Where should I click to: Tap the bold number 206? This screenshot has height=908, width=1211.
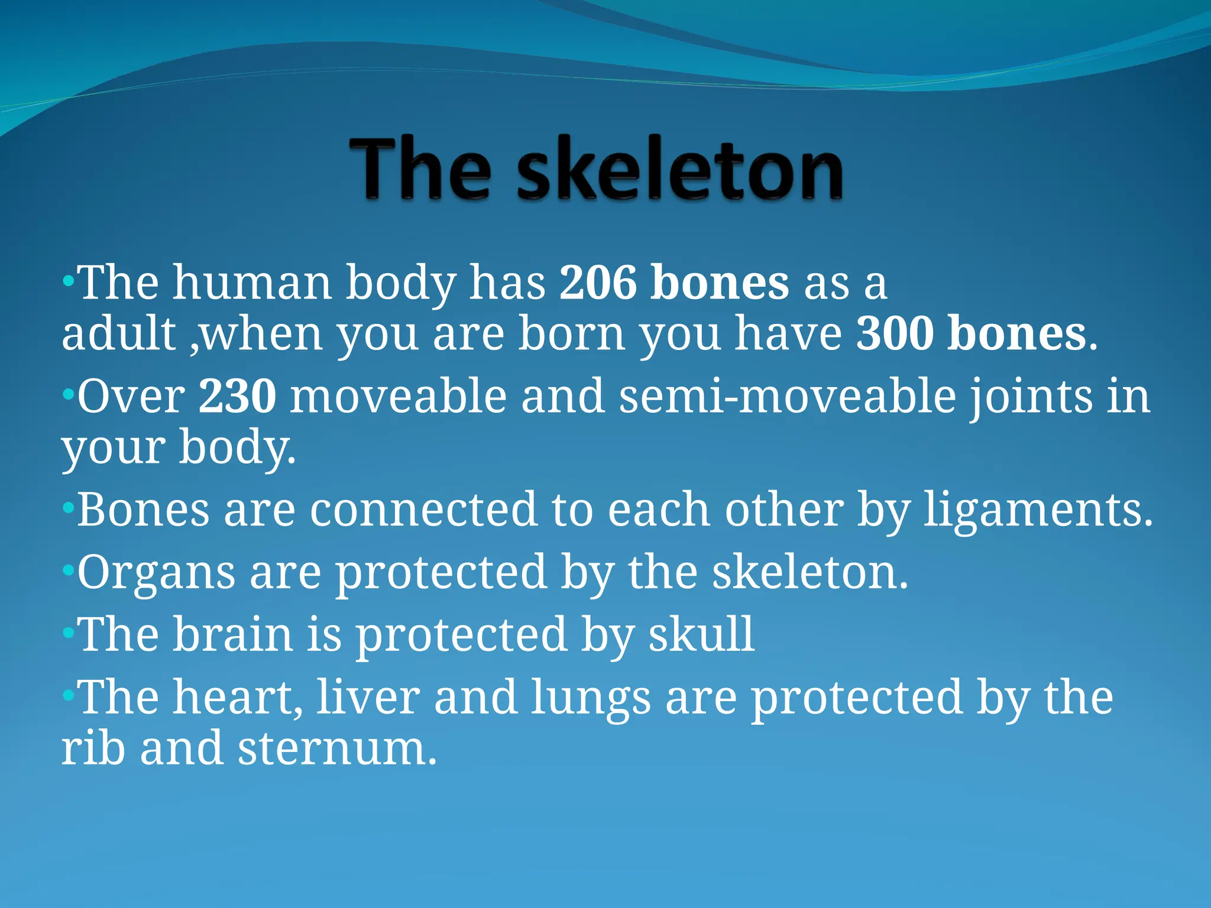coord(598,283)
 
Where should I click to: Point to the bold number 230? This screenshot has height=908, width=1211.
coord(237,396)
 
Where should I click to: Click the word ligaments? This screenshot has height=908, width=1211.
coord(1038,509)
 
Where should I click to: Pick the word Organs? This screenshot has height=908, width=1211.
coord(156,572)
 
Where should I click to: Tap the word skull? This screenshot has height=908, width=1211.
coord(701,634)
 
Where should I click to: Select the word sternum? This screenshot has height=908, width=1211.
coord(337,748)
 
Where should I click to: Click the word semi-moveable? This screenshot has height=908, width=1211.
coord(787,396)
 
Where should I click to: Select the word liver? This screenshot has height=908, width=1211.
coord(368,698)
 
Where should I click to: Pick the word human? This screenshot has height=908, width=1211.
coord(251,283)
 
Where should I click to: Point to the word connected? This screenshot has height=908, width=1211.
coord(423,509)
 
